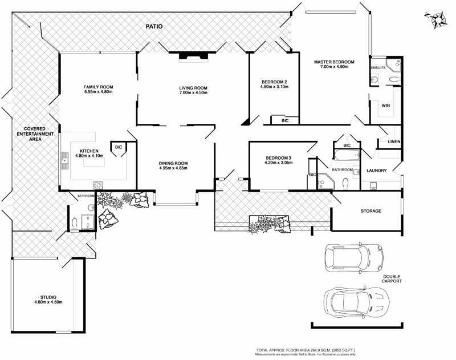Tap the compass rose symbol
pyautogui.click(x=438, y=18)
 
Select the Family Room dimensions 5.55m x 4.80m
pyautogui.click(x=99, y=92)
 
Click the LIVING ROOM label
pyautogui.click(x=193, y=87)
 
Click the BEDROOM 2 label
pyautogui.click(x=274, y=81)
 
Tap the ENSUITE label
pyautogui.click(x=379, y=68)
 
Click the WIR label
pyautogui.click(x=377, y=105)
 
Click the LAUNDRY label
pyautogui.click(x=377, y=170)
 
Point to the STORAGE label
pyautogui.click(x=370, y=211)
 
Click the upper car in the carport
pyautogui.click(x=352, y=257)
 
